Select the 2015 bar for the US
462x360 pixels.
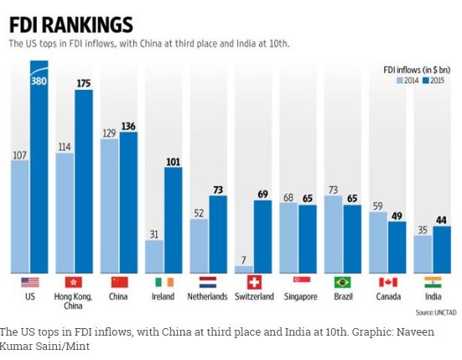point(39,168)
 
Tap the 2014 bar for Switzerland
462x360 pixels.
point(243,269)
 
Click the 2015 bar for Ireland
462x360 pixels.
point(173,220)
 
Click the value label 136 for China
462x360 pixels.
point(128,126)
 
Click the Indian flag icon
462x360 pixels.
point(432,282)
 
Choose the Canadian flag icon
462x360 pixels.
point(387,282)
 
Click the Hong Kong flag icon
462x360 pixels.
point(74,282)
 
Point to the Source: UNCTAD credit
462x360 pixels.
point(430,265)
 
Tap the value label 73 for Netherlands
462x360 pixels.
point(218,190)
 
